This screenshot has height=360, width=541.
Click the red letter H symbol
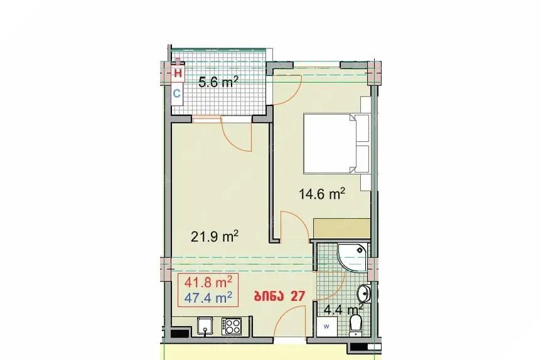[x=178, y=73]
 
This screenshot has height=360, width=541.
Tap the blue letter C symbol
[x=176, y=93]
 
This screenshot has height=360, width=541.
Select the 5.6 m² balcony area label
[x=218, y=82]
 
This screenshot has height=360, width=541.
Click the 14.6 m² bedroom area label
[x=322, y=194]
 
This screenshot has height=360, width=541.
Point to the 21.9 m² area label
[x=215, y=236]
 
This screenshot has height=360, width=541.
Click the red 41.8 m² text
[x=208, y=282]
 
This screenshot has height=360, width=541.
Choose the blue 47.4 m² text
[x=208, y=297]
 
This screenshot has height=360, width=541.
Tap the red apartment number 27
[x=297, y=296]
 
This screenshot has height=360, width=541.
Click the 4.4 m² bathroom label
[x=343, y=309]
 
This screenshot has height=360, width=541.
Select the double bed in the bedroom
[x=336, y=144]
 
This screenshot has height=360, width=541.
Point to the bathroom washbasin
[x=363, y=294]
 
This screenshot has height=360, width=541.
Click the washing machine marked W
[x=326, y=326]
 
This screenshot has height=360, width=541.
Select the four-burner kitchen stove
[x=232, y=326]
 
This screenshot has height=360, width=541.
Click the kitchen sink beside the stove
[x=205, y=326]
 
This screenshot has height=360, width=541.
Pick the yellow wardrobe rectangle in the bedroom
[x=341, y=229]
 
